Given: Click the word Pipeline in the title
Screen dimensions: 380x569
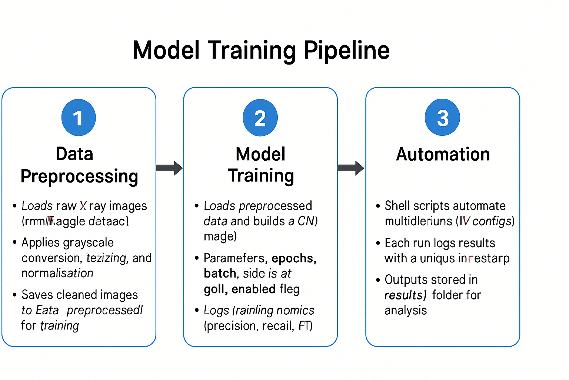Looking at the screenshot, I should coord(346,50).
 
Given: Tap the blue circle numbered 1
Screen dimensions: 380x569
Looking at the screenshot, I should coord(79,118).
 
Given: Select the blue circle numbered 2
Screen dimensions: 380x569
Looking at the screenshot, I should coord(260,118).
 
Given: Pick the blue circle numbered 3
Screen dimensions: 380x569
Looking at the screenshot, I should coord(442,118).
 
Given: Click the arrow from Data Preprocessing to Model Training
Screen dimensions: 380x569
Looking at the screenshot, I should coord(169,168).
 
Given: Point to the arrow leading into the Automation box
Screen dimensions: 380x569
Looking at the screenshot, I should coord(351,168).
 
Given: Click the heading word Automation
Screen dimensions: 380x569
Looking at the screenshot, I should coord(443,154).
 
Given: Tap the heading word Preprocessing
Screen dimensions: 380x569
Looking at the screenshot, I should coord(79,176).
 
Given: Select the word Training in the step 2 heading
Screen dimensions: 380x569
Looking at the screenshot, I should coord(261,176).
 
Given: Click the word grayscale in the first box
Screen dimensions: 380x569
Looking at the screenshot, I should coord(90,243).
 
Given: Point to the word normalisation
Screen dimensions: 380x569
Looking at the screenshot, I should coord(57,273).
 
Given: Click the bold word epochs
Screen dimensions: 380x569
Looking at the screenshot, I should coord(294,258).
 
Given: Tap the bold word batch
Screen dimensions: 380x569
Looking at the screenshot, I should coord(220,273).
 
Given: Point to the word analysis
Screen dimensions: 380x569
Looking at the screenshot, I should coord(406,310).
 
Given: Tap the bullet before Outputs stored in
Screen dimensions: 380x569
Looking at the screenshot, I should coord(378,280).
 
